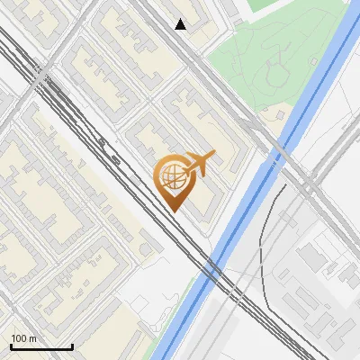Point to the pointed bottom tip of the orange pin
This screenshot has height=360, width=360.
click(174, 211)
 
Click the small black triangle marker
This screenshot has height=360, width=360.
click(181, 24)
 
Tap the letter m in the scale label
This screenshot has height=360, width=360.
click(32, 338)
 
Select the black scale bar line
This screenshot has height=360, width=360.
click(41, 347)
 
